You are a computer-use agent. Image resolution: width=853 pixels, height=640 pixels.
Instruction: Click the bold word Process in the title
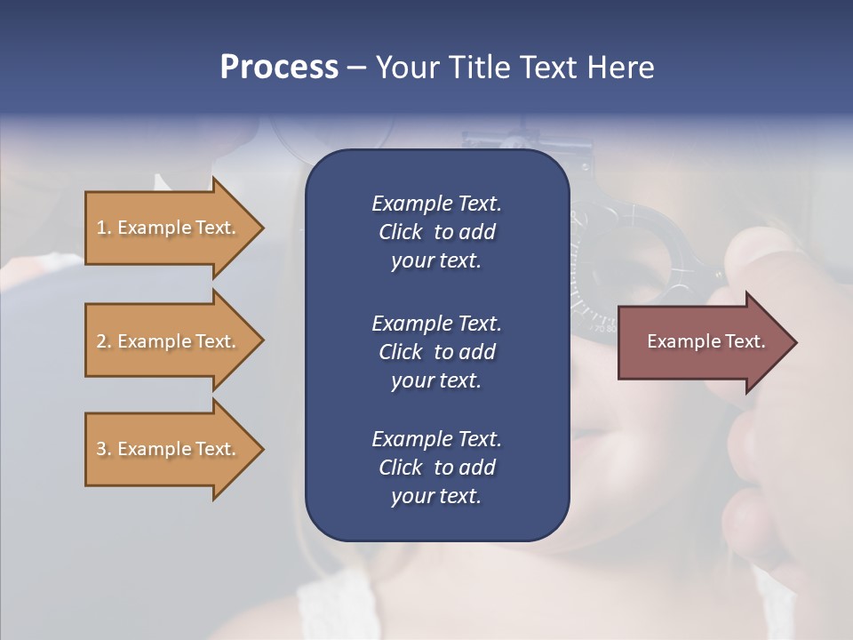[279, 68]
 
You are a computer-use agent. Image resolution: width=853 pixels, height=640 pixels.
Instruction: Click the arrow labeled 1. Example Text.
[169, 228]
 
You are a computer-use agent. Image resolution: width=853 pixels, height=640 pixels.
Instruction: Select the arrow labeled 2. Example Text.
[169, 341]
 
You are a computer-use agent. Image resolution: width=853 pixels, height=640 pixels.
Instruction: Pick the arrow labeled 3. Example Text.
[169, 450]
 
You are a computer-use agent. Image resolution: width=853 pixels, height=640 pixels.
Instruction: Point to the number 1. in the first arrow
[104, 228]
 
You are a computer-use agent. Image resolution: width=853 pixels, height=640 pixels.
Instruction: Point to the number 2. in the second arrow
[104, 341]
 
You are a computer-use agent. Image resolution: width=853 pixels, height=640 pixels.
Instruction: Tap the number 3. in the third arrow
[104, 450]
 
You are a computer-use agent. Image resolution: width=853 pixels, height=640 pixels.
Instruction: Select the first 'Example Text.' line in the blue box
[436, 204]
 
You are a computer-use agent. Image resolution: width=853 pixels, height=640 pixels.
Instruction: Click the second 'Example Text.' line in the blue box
[436, 324]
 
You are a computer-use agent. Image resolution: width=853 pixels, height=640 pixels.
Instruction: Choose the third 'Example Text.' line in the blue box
[436, 439]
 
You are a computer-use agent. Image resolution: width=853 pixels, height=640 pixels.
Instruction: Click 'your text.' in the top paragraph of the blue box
[436, 261]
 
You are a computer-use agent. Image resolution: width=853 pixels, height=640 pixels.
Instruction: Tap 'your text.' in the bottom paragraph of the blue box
[436, 496]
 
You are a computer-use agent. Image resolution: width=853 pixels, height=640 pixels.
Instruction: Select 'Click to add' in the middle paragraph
[436, 352]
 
